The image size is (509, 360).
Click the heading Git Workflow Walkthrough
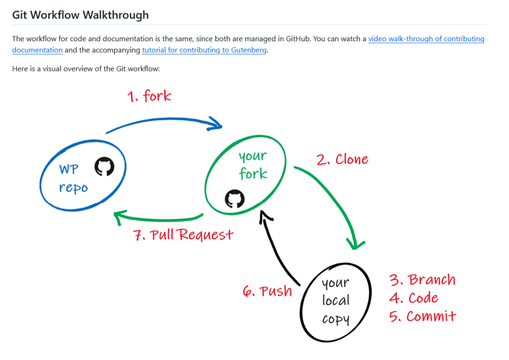click(x=80, y=15)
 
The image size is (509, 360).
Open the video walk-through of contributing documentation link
click(x=426, y=39)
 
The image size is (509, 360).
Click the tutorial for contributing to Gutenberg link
click(x=204, y=50)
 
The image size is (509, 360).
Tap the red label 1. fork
click(x=149, y=95)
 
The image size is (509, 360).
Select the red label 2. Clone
click(x=342, y=160)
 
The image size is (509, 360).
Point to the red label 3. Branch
click(x=423, y=280)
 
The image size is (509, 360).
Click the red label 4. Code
click(x=414, y=298)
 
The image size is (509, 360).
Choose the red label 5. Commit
click(x=423, y=316)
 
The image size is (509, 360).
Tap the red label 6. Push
click(x=267, y=291)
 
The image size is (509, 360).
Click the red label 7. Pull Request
click(x=183, y=234)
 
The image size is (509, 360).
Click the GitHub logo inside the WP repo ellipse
click(x=104, y=167)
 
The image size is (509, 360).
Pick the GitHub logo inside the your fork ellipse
click(x=235, y=198)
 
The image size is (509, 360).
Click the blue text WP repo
click(x=73, y=179)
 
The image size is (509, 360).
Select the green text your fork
click(x=253, y=165)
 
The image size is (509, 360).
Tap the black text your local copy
click(x=336, y=301)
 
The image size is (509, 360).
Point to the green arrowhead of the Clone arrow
click(x=355, y=244)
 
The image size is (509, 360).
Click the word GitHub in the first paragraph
click(x=298, y=39)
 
